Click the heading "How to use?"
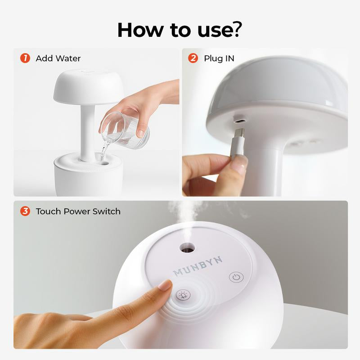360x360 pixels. [180, 29]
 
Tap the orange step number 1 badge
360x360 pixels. [25, 58]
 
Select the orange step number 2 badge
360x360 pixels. [193, 58]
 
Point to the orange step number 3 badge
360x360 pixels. [25, 211]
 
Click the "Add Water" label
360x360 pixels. [58, 58]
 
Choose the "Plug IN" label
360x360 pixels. [219, 58]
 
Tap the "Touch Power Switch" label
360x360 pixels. [78, 211]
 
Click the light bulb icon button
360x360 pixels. [183, 296]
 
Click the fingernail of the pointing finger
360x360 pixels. [166, 285]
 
